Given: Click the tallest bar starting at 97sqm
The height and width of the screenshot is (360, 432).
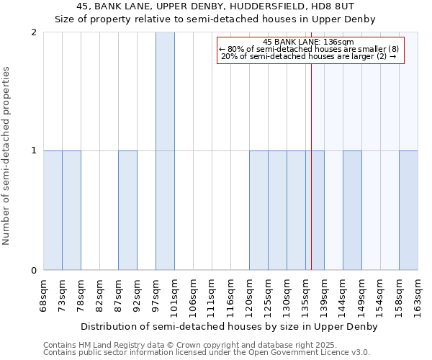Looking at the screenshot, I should click(x=165, y=151).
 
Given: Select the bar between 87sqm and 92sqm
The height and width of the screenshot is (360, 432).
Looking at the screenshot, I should click(x=127, y=210).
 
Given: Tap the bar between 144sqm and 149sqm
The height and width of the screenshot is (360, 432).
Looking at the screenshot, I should click(x=352, y=210).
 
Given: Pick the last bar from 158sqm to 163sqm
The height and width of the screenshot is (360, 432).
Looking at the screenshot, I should click(x=408, y=210).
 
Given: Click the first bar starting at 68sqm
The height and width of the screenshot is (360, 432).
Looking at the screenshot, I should click(x=53, y=210).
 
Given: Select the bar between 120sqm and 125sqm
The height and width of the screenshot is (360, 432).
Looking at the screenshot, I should click(x=258, y=210).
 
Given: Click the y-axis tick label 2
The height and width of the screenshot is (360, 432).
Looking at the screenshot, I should click(x=34, y=32).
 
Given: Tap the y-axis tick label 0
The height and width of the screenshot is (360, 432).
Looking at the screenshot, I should click(x=34, y=271).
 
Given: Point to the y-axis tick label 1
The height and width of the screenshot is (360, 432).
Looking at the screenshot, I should click(x=34, y=151).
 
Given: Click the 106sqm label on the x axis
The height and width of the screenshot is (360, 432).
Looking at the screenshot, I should click(x=193, y=296).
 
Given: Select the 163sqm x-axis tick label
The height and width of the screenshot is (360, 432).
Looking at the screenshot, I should click(x=418, y=296).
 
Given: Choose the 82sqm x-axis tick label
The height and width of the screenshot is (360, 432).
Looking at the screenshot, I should click(x=99, y=296).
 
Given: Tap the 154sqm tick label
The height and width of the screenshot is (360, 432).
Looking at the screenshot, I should click(x=380, y=296).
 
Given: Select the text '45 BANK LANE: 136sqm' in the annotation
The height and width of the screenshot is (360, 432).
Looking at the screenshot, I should click(x=308, y=42).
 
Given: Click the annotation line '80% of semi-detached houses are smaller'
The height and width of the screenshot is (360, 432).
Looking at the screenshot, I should click(x=308, y=49).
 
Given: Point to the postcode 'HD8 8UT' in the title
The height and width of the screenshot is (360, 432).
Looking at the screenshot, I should click(x=334, y=7).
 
